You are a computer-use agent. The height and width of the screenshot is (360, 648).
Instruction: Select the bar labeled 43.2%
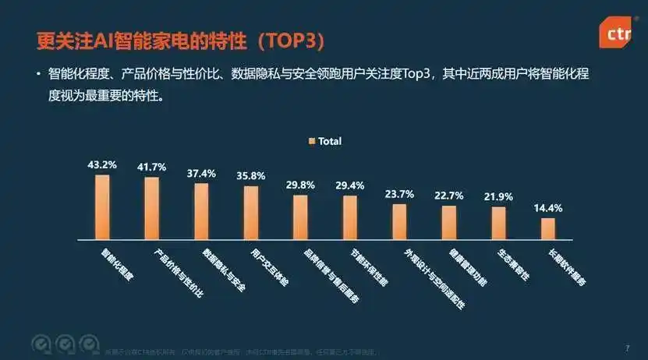pyautogui.click(x=102, y=206)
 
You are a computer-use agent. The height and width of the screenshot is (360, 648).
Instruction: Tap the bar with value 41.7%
pyautogui.click(x=151, y=208)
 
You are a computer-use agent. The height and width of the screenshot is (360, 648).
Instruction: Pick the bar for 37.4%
pyautogui.click(x=201, y=211)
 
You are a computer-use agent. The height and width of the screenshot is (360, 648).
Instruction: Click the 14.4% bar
pyautogui.click(x=548, y=228)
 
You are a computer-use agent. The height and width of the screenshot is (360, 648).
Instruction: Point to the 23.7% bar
pyautogui.click(x=399, y=221)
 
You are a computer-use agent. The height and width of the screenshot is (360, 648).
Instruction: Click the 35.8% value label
pyautogui.click(x=250, y=176)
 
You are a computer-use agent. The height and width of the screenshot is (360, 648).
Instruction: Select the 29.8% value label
pyautogui.click(x=300, y=185)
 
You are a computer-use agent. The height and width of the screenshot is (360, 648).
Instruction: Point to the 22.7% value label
pyautogui.click(x=448, y=195)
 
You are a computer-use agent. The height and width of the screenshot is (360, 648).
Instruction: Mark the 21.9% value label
pyautogui.click(x=498, y=196)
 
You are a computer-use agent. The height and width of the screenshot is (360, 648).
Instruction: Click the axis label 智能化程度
pyautogui.click(x=118, y=265)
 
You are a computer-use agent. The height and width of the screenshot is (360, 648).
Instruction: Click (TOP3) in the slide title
pyautogui.click(x=289, y=39)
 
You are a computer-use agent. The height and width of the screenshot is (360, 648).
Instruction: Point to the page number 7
pyautogui.click(x=627, y=348)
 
